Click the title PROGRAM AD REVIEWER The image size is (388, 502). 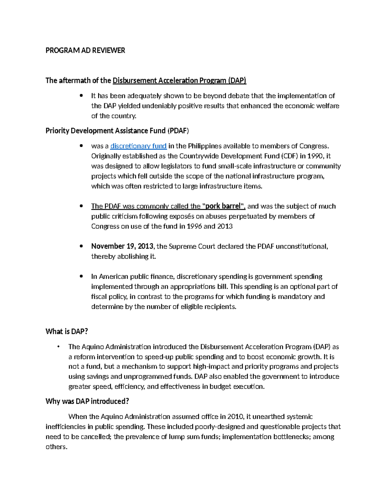[85, 50]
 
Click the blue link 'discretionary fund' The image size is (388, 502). [138, 146]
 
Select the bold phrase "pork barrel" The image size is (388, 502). [223, 206]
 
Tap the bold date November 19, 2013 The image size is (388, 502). [122, 246]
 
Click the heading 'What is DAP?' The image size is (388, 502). [67, 331]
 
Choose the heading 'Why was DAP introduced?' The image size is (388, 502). [87, 401]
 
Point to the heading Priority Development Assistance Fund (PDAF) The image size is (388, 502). [117, 131]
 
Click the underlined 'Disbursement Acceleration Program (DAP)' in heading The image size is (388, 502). [179, 81]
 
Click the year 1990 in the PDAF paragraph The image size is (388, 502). [315, 156]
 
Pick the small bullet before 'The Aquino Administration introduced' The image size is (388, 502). [58, 347]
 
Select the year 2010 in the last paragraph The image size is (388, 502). [235, 417]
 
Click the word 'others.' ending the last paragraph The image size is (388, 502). [56, 447]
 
